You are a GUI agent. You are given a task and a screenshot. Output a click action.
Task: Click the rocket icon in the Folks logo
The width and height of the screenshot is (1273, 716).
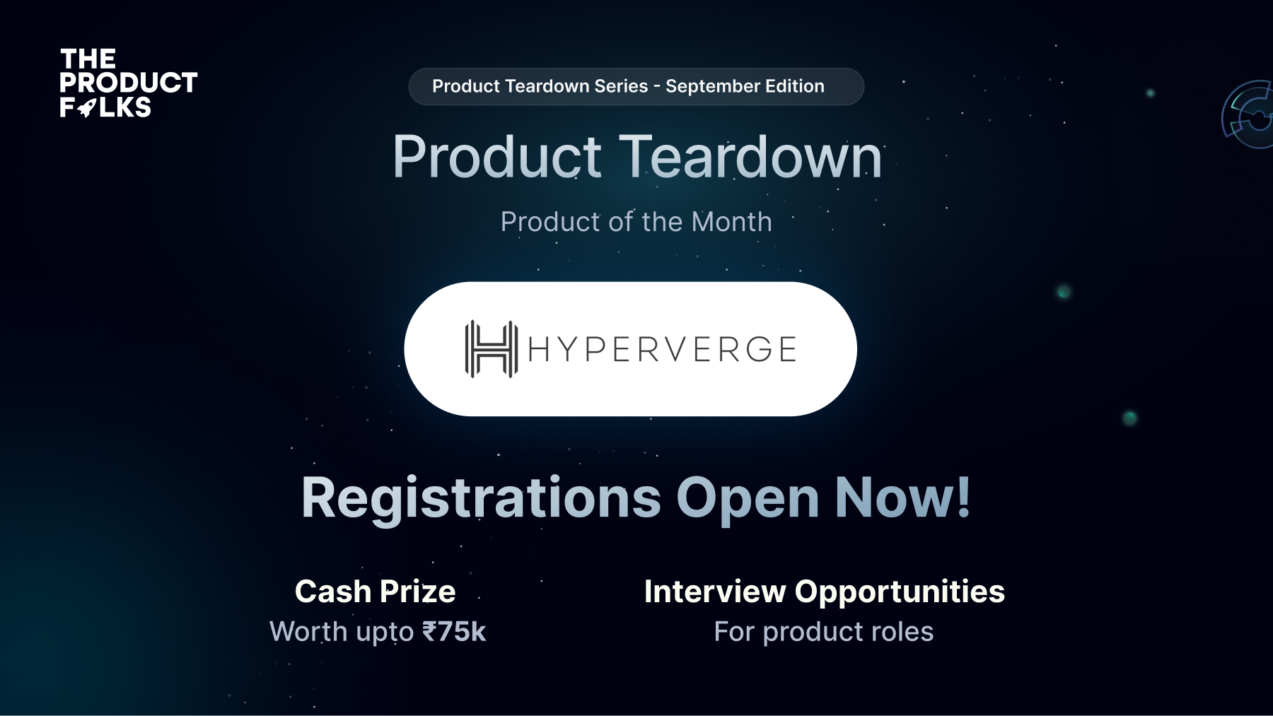point(87,108)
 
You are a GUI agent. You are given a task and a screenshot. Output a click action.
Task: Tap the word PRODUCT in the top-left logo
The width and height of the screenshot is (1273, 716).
point(128,83)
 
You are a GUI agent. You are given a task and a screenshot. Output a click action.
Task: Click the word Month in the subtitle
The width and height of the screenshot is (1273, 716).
point(731,222)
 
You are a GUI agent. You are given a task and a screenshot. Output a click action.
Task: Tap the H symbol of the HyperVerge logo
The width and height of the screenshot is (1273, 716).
point(491,349)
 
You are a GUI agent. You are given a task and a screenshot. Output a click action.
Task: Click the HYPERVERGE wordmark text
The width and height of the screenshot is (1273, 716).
point(662,349)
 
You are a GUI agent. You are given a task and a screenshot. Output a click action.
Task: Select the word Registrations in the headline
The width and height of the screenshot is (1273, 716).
point(481,498)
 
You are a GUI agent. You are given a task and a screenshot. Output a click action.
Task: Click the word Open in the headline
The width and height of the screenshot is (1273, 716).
point(748,498)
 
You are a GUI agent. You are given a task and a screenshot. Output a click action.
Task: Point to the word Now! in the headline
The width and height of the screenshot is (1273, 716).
point(903,498)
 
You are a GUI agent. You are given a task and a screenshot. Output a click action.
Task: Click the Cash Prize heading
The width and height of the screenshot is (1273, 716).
point(376,592)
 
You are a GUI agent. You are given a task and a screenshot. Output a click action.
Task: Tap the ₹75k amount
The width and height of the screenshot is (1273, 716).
point(454,632)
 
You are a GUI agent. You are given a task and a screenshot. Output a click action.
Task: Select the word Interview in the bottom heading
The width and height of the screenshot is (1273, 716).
point(715,592)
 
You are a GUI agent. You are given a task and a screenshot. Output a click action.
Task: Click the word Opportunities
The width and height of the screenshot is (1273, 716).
point(900,592)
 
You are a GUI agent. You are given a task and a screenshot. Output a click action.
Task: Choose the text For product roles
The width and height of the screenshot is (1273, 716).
point(824,632)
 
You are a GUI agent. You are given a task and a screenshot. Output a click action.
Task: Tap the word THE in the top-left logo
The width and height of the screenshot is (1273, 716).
point(88,59)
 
